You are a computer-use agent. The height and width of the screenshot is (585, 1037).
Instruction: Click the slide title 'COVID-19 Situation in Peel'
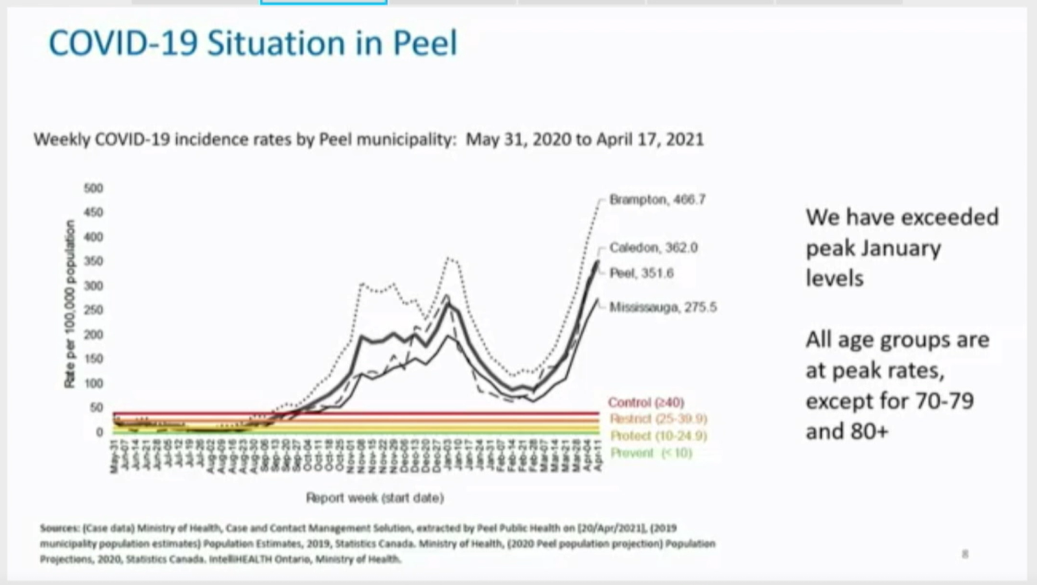(x=253, y=43)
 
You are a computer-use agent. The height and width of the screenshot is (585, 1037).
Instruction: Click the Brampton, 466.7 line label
(x=657, y=200)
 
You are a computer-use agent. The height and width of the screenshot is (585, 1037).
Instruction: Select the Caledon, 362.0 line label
(x=653, y=248)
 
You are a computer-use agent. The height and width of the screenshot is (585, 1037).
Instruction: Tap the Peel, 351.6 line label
(x=641, y=274)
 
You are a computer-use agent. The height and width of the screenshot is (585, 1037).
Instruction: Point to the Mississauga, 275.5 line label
(x=663, y=307)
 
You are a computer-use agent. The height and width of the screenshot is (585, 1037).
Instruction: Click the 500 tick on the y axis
(x=93, y=189)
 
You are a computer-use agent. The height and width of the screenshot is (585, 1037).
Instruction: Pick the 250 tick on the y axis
(x=93, y=311)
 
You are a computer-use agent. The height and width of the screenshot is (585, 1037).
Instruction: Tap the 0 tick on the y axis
(x=99, y=433)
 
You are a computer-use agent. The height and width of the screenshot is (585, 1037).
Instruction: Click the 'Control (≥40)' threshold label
(x=646, y=403)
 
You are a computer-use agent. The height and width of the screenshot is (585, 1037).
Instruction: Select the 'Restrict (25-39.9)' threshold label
(x=658, y=419)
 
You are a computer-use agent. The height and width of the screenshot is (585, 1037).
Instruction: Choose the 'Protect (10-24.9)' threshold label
(x=658, y=436)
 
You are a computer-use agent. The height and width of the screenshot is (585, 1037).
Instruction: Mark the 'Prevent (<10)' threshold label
(x=651, y=453)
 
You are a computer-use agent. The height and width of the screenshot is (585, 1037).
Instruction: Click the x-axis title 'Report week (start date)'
(x=375, y=498)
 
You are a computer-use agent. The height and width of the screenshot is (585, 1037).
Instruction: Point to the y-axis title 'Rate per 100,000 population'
(x=70, y=304)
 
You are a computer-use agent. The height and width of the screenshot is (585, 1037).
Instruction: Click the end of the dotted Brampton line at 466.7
(x=600, y=200)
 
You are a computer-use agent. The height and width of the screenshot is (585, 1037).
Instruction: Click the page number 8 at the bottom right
(x=965, y=554)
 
